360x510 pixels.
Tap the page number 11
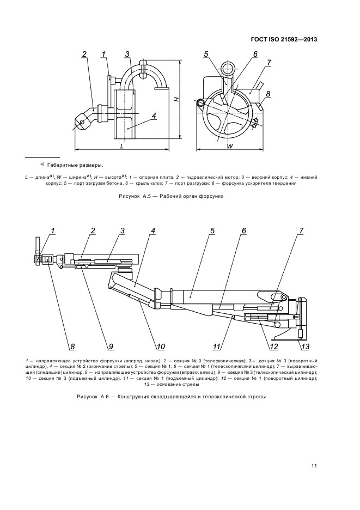click(x=314, y=465)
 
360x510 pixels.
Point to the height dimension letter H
click(x=175, y=99)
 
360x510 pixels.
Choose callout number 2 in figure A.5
click(x=85, y=53)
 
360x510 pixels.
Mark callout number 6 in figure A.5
click(x=254, y=53)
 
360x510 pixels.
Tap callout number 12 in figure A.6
click(x=274, y=345)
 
